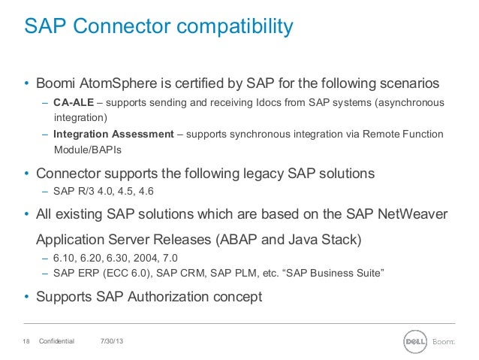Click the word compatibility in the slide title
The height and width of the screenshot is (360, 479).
(x=224, y=28)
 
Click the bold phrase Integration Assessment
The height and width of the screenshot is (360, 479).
(x=113, y=135)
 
